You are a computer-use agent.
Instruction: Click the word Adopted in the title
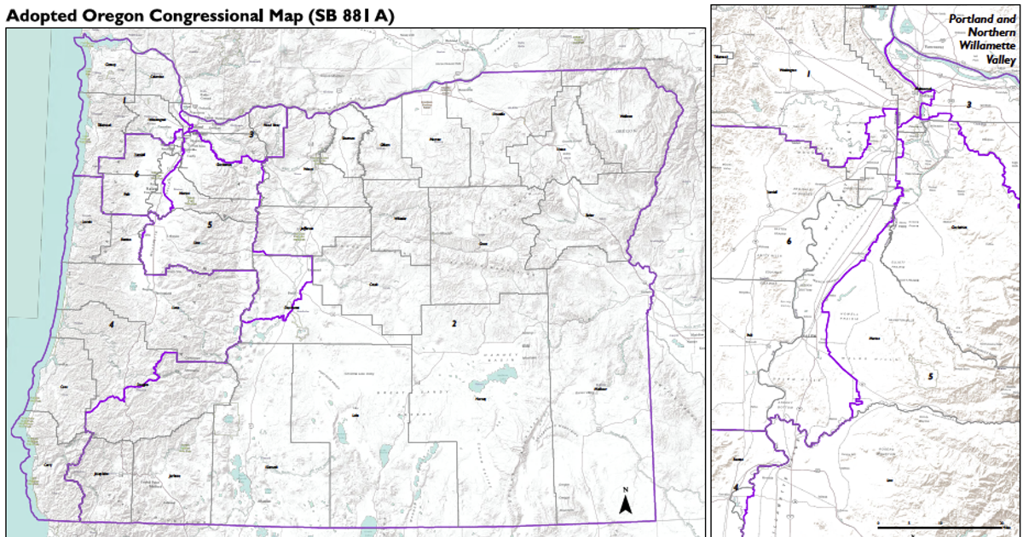(41, 14)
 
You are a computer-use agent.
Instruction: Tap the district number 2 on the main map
(454, 324)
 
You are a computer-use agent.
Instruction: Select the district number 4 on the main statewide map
(111, 325)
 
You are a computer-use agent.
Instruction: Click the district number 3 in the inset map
(968, 105)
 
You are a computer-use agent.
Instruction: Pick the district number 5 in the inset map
(931, 376)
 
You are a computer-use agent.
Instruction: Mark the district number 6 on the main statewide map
(136, 174)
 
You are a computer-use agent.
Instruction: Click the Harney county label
(480, 398)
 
